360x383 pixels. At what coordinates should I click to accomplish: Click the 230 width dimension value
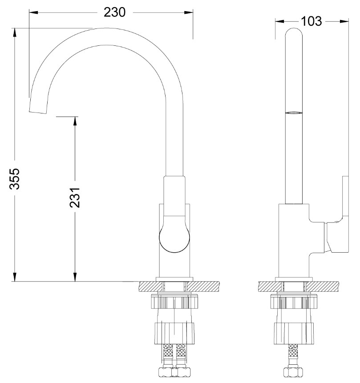114,12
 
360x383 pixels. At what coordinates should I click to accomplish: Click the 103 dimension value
311,21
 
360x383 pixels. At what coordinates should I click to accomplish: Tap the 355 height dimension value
14,178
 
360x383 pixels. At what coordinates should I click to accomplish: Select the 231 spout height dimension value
75,198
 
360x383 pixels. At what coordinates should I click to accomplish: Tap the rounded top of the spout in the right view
294,32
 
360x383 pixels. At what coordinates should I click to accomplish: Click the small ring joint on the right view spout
294,113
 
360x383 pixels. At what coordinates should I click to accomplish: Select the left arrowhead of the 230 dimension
33,12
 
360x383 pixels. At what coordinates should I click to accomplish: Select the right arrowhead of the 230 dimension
189,12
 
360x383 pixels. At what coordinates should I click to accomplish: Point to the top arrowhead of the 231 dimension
75,121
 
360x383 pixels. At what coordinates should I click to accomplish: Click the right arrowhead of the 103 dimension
344,21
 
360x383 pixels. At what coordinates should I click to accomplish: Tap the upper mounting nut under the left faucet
174,302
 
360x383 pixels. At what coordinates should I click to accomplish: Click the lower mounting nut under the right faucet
294,334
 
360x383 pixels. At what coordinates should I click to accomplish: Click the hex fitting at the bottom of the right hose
293,372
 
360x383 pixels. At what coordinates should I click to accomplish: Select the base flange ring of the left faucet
174,279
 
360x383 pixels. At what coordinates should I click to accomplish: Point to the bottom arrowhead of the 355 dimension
15,277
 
